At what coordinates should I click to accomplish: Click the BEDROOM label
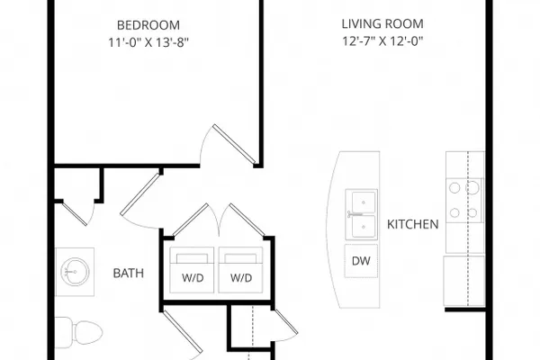(x=148, y=25)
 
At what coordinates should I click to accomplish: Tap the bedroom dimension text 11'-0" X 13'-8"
(x=148, y=42)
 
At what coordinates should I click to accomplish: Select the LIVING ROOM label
(x=382, y=23)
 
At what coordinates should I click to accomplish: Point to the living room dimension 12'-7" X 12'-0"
(x=382, y=41)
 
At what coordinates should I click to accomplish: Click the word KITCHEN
(x=412, y=224)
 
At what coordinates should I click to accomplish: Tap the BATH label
(x=128, y=274)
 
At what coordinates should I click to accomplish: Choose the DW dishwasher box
(x=361, y=261)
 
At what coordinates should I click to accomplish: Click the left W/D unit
(x=192, y=270)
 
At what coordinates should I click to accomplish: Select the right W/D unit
(x=240, y=270)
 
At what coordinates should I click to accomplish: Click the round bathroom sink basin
(x=75, y=272)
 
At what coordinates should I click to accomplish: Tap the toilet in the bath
(x=78, y=333)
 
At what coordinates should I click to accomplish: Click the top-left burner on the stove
(x=454, y=188)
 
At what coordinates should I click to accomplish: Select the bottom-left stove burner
(x=454, y=212)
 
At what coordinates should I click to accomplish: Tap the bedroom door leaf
(x=234, y=144)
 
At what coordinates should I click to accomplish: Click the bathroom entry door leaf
(x=140, y=194)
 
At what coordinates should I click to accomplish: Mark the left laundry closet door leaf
(x=191, y=220)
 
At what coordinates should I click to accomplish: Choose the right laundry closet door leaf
(x=247, y=220)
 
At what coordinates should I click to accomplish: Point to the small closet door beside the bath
(x=75, y=214)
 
